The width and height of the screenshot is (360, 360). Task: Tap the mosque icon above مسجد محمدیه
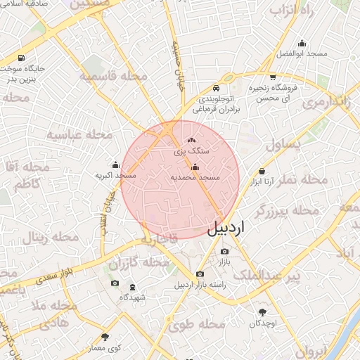click(x=195, y=167)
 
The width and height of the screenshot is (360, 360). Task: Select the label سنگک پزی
click(x=191, y=150)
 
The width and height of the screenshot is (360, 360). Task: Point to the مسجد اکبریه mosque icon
click(x=115, y=165)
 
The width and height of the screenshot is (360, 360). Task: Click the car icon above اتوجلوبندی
click(x=217, y=89)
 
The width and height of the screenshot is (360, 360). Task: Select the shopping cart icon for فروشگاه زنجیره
click(x=272, y=77)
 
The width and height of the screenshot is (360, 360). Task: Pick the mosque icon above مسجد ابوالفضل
click(x=302, y=43)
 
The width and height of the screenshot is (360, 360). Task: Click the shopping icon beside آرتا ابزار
click(x=262, y=171)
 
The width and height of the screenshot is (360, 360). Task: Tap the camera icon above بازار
click(x=224, y=252)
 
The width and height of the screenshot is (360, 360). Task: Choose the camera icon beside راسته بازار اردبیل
click(x=200, y=274)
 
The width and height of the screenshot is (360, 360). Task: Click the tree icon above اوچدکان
click(x=263, y=312)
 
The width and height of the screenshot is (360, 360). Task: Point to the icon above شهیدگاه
click(x=132, y=287)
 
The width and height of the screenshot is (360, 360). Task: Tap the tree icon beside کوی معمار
click(x=105, y=337)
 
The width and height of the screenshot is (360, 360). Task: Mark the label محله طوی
click(x=198, y=325)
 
